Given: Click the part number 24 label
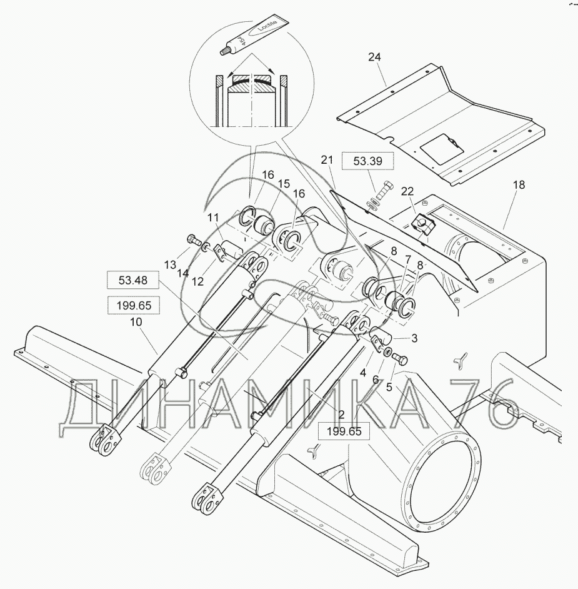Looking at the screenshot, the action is tap(374, 57).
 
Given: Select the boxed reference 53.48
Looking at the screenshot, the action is tap(132, 281).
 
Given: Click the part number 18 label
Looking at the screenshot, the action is tap(519, 185).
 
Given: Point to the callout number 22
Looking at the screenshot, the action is tap(407, 191).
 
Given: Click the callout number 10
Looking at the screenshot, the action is tap(136, 321).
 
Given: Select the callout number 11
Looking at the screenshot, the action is tap(214, 217).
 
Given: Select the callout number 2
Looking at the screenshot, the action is tap(342, 413).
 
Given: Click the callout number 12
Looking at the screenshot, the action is tap(197, 281).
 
